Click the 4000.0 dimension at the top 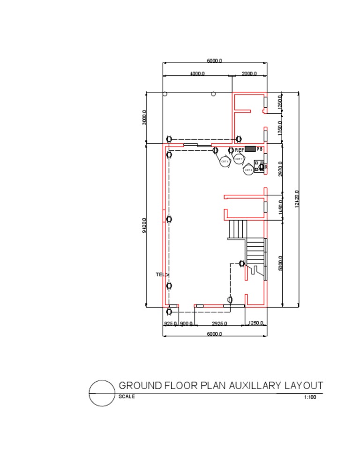197,74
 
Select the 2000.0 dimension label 249,74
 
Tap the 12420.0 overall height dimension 297,199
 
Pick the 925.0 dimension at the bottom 170,324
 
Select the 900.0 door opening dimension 187,324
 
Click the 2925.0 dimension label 219,324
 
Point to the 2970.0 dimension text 280,169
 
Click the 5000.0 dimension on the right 280,263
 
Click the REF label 239,150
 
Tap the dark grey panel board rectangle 250,149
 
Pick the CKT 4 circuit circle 225,162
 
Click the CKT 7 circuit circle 239,159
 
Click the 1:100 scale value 310,397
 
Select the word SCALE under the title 127,397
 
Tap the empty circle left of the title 102,393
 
